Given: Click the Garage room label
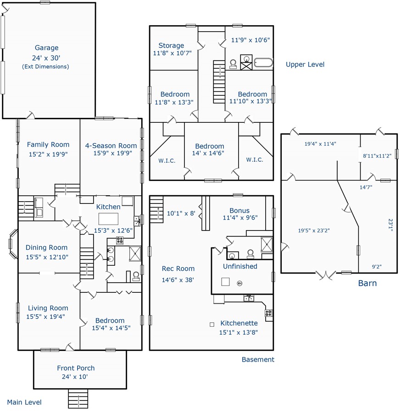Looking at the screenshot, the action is (x=47, y=48).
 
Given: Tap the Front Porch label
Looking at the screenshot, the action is (x=76, y=368).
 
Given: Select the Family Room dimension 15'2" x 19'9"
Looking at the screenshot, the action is (x=48, y=154).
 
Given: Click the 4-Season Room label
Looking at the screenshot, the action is (x=111, y=146).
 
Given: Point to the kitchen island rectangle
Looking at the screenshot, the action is (x=108, y=219).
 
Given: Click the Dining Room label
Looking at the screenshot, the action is (x=47, y=247).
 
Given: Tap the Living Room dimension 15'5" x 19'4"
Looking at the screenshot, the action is (x=45, y=317).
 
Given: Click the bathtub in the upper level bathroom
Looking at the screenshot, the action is (x=263, y=63).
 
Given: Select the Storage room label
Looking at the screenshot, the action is (x=171, y=46).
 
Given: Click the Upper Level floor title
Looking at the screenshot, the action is (x=305, y=65).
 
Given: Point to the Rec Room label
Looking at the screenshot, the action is (x=178, y=269).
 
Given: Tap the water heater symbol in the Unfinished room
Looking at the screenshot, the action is (x=239, y=283).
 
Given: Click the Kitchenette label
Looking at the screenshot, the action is (x=239, y=323).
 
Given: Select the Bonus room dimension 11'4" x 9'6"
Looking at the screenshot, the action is (x=240, y=218).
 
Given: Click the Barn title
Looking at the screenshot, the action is (x=368, y=283).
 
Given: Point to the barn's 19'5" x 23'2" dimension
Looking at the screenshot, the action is (x=314, y=231).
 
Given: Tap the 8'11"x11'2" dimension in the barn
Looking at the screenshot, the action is (x=377, y=156).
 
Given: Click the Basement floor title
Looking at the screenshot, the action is (x=258, y=359).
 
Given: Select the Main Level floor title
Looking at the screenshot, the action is (x=24, y=402).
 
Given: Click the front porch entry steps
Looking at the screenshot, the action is (x=78, y=399).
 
